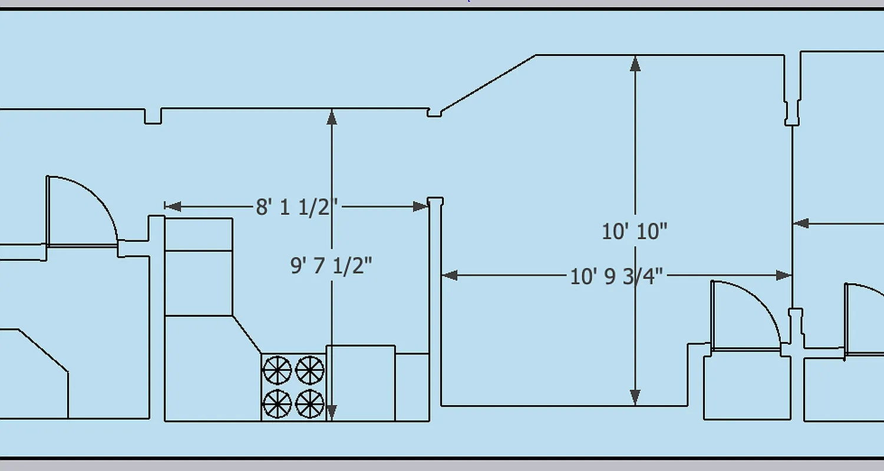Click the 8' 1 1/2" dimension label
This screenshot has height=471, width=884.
pos(296,207)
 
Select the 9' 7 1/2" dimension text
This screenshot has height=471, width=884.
pos(331,266)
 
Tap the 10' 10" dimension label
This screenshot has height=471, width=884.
pos(634,231)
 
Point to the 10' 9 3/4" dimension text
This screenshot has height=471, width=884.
pos(616,276)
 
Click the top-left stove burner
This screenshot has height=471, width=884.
pos(277,370)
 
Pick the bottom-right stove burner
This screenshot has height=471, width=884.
pos(310,404)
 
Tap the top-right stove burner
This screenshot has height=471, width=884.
pos(310,370)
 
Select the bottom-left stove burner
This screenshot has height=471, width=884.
pos(277,404)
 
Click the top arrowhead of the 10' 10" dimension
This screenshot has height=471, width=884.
pos(635,63)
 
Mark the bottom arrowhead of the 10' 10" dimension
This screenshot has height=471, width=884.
pos(635,397)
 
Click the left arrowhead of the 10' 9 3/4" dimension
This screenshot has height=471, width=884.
pos(450,275)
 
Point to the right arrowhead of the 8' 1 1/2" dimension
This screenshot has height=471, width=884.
pos(421,206)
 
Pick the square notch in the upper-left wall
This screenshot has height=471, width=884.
pos(153,117)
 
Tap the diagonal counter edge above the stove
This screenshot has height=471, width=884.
pos(246,334)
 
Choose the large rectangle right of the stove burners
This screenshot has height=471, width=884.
pos(360,383)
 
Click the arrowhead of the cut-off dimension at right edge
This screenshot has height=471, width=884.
pos(800,223)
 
